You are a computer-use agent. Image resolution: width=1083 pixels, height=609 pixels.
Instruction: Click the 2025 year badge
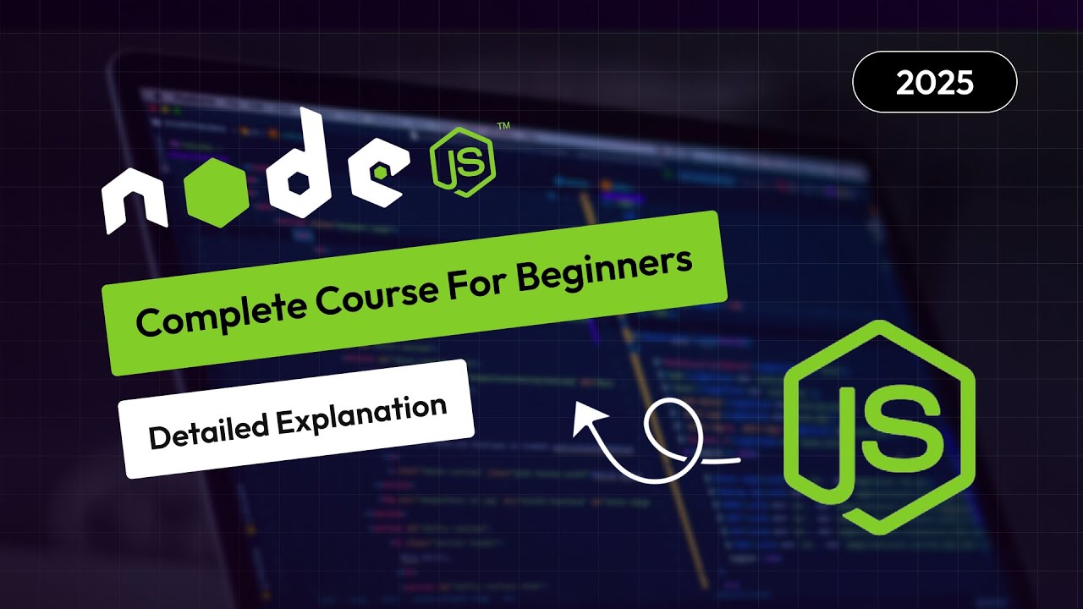tap(934, 82)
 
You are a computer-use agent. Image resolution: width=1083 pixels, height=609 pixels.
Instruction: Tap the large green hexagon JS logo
tap(880, 427)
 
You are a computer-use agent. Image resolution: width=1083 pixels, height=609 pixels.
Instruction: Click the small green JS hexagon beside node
tap(462, 162)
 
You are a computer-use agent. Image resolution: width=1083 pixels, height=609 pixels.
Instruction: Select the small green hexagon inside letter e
tap(382, 171)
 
